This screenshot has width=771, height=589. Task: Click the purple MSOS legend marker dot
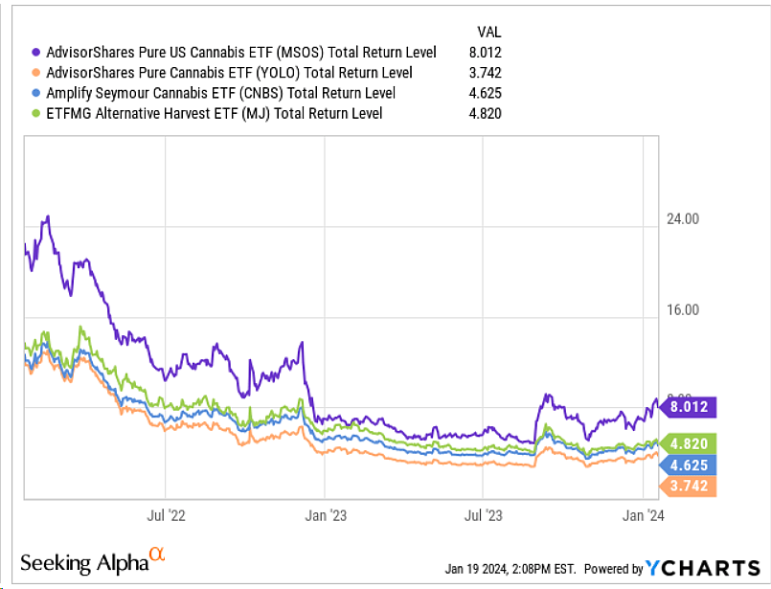coord(36,52)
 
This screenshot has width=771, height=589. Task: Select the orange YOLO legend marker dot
coord(36,73)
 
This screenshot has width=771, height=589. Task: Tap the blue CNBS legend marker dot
coord(36,93)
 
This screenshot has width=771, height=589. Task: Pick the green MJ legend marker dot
coord(36,113)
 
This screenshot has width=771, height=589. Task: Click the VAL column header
coord(489,32)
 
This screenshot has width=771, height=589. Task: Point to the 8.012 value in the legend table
coord(486,52)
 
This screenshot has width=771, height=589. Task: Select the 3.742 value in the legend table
coord(486,73)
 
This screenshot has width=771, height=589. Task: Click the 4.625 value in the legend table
coord(486,93)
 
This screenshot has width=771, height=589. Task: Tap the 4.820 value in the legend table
coord(486,113)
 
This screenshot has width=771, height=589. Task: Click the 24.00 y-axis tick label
coord(684,218)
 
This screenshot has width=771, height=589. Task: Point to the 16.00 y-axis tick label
coord(684,309)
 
